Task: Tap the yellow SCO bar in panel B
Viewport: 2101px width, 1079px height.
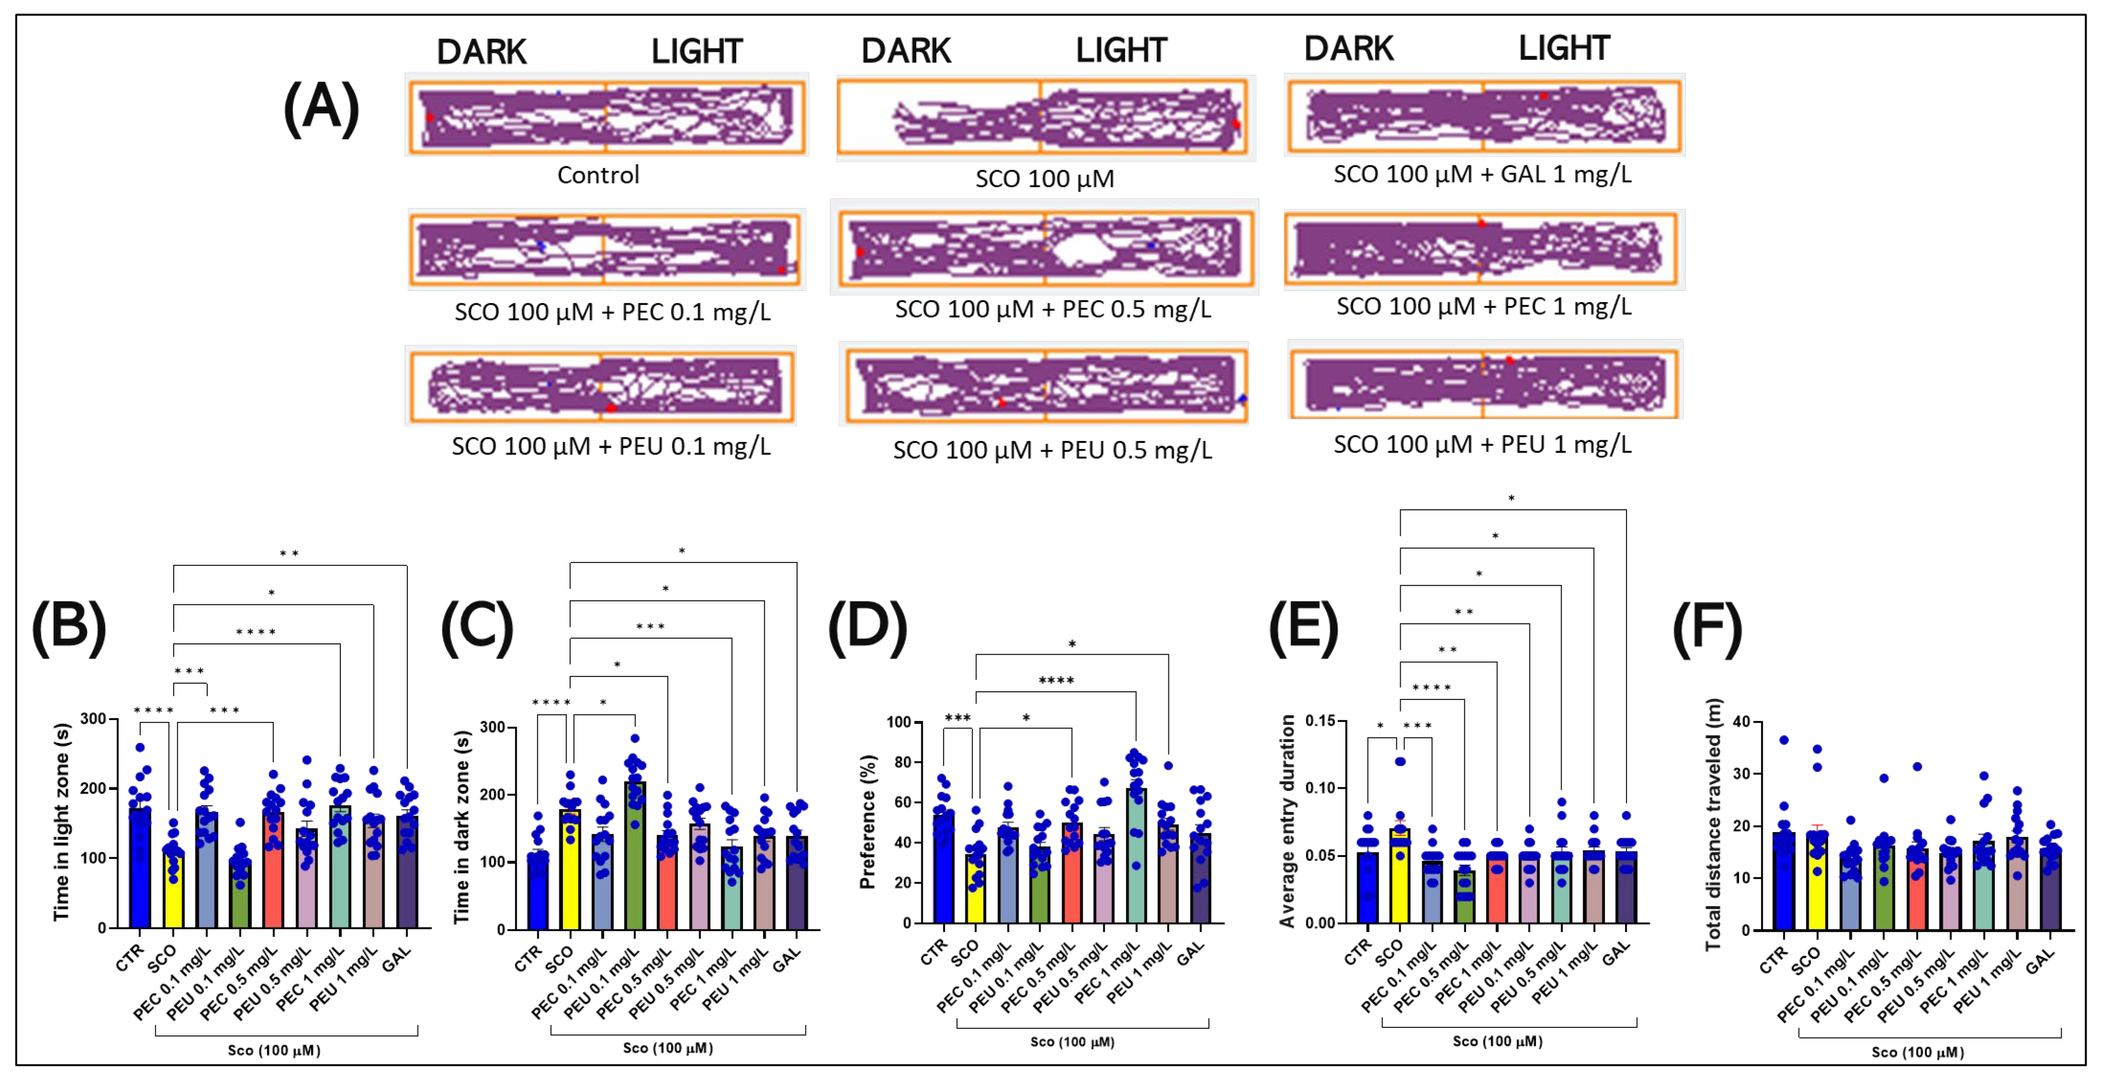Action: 173,889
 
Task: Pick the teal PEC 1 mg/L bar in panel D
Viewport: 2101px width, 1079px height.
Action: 1135,856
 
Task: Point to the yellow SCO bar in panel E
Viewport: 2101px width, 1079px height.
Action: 1400,877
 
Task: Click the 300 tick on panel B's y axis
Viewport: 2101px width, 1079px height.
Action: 93,718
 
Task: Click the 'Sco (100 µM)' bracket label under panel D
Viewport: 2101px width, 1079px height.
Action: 1072,1041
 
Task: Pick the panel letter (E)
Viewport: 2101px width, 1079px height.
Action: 1303,628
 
